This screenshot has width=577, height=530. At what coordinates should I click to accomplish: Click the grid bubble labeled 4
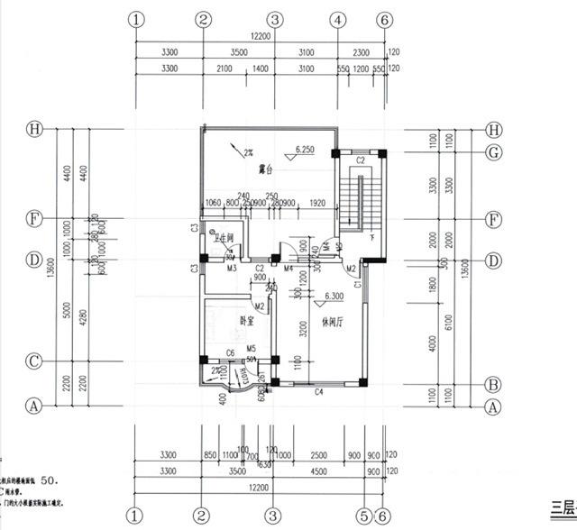pyautogui.click(x=338, y=19)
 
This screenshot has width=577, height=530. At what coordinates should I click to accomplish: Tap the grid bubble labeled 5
pyautogui.click(x=362, y=516)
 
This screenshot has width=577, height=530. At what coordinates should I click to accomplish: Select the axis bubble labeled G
pyautogui.click(x=493, y=151)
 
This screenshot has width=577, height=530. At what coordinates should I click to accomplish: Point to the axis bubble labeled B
pyautogui.click(x=493, y=383)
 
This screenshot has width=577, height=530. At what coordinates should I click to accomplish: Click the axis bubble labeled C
pyautogui.click(x=34, y=361)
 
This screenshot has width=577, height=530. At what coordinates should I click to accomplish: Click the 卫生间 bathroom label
pyautogui.click(x=224, y=239)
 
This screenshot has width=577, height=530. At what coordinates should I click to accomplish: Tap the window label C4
pyautogui.click(x=318, y=392)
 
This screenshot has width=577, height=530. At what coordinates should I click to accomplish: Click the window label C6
pyautogui.click(x=230, y=352)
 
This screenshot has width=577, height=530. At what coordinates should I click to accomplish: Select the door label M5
pyautogui.click(x=252, y=348)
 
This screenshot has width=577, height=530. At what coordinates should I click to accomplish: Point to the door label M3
pyautogui.click(x=232, y=268)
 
